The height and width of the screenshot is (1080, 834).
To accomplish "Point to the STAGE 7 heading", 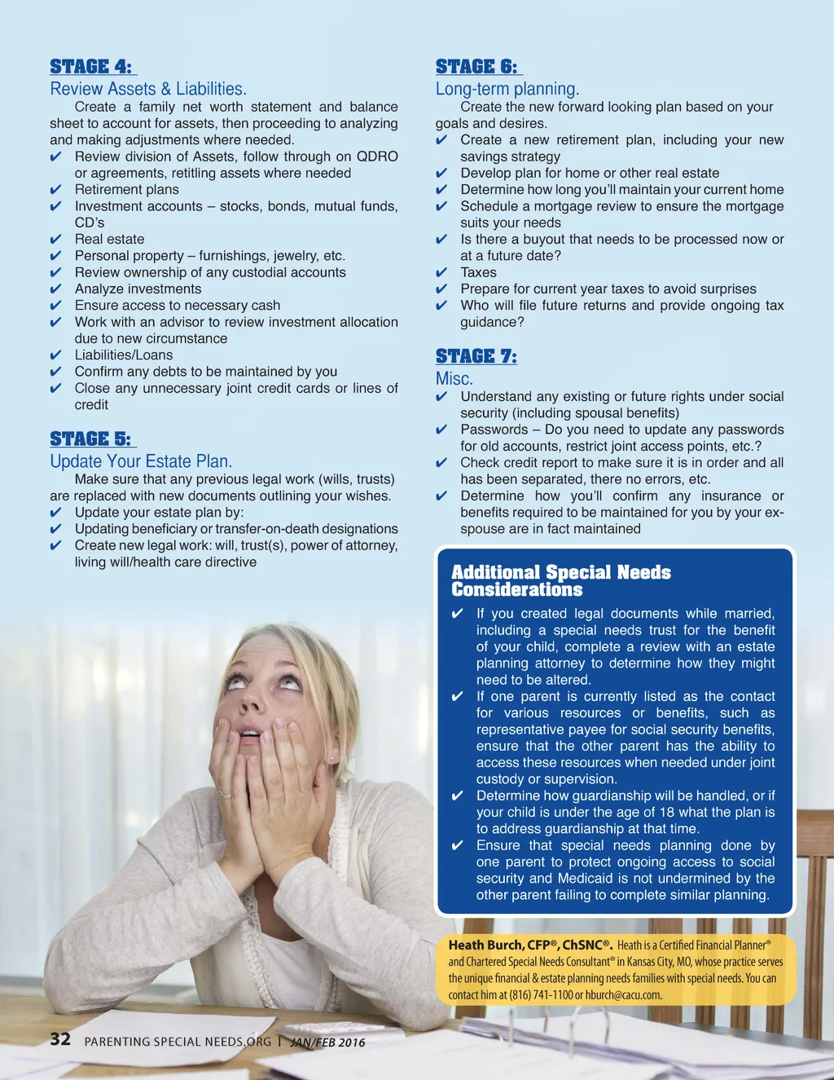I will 476,356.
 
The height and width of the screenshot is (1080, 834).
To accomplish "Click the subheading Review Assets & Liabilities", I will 148,89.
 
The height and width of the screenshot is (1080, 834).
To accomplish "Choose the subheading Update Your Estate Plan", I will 141,461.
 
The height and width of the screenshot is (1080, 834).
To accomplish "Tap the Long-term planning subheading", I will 507,89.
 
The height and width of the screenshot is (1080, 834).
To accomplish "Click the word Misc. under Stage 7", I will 454,379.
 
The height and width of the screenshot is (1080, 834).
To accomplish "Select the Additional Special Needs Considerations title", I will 560,580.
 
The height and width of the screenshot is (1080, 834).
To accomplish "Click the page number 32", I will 60,1038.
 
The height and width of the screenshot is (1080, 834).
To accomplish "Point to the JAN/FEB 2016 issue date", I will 328,1042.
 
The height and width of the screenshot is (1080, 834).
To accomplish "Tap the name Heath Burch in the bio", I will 485,945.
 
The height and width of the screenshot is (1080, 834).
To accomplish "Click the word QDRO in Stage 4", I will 377,156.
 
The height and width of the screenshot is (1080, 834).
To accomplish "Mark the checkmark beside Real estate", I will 56,240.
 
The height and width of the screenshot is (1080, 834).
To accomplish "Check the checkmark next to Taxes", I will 441,273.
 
